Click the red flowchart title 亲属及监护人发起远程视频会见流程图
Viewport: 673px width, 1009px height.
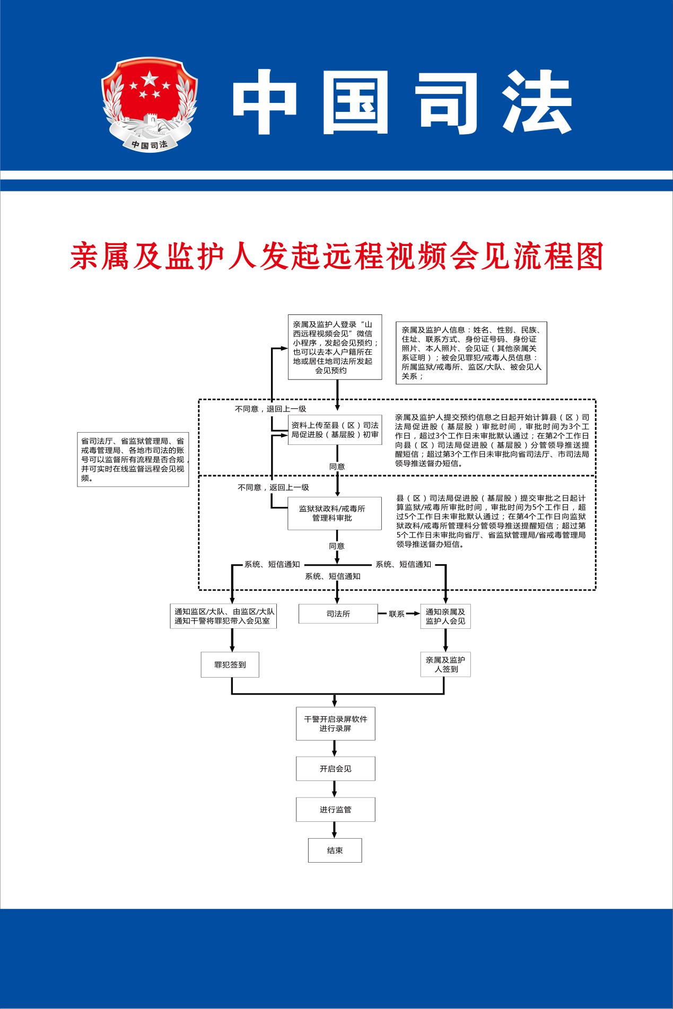tap(337, 257)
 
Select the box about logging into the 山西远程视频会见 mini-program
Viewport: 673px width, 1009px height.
tap(335, 347)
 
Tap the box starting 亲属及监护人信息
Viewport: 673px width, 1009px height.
tap(471, 353)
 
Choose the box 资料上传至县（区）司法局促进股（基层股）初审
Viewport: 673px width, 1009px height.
tap(335, 429)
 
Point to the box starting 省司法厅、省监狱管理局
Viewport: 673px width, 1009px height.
tap(133, 459)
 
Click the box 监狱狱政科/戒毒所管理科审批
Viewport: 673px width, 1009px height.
tap(335, 513)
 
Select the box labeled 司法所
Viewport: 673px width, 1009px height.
tap(338, 614)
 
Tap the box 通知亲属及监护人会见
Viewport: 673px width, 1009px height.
tap(445, 616)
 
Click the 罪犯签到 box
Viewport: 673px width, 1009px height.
tap(230, 664)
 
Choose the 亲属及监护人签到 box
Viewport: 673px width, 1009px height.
tap(445, 664)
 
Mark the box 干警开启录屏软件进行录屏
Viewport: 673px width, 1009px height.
tap(335, 724)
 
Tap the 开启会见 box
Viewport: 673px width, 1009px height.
tap(335, 769)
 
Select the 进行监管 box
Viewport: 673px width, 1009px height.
tap(335, 810)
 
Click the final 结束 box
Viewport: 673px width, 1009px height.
tap(335, 850)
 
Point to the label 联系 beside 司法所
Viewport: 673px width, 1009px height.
tap(397, 614)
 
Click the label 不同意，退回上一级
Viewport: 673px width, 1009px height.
tap(271, 409)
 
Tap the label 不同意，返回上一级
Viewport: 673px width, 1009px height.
tap(273, 487)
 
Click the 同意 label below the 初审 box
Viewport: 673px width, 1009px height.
tap(337, 467)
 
